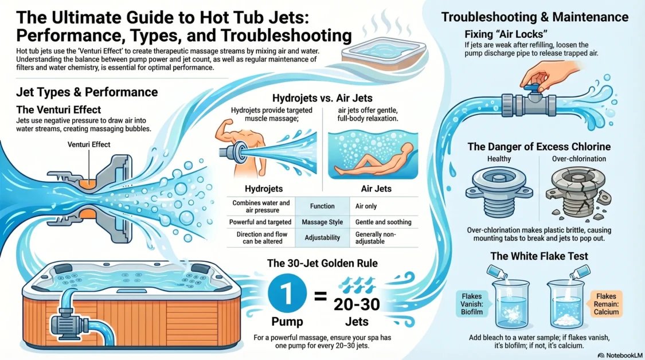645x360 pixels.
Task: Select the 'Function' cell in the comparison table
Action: (x=322, y=206)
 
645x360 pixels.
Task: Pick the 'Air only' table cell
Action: (x=367, y=206)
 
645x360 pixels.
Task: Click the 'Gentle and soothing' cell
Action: (x=384, y=222)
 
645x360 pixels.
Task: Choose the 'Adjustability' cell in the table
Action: (x=322, y=237)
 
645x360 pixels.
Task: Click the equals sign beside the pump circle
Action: (x=322, y=296)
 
